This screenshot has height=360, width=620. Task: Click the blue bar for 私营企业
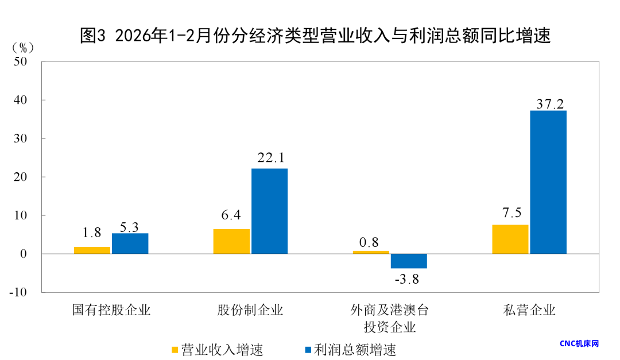click(548, 182)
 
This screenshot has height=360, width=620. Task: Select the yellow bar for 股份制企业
click(231, 241)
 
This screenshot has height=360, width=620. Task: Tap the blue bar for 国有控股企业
click(130, 243)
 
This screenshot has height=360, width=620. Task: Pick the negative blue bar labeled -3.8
click(409, 261)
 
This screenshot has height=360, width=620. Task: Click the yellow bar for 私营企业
click(510, 239)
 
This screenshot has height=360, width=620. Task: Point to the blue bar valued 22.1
click(269, 211)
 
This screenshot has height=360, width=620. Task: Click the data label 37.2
click(549, 103)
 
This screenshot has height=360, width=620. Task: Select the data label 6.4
click(231, 217)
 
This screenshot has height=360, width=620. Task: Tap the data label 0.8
click(370, 242)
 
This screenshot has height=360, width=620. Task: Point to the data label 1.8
click(92, 233)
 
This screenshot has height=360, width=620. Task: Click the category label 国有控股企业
click(111, 311)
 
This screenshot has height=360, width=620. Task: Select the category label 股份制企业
click(250, 311)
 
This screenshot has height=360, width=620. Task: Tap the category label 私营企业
click(529, 311)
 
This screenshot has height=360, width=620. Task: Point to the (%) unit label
click(24, 47)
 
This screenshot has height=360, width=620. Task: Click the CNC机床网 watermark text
click(579, 343)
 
